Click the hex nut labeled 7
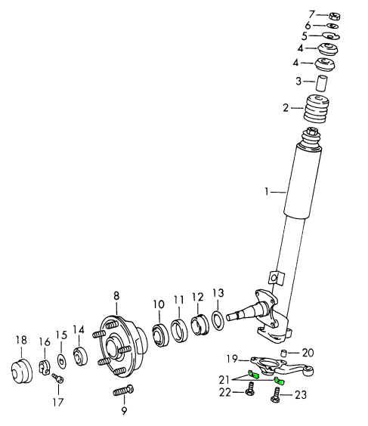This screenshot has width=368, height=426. point(335,16)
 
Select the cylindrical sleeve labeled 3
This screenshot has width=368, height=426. point(321,83)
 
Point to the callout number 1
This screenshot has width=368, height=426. point(267,192)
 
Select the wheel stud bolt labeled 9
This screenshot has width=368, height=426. point(123,391)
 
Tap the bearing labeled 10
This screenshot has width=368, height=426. point(160,335)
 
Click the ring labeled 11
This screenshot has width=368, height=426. point(179,331)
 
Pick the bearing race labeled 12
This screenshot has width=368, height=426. point(199,326)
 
